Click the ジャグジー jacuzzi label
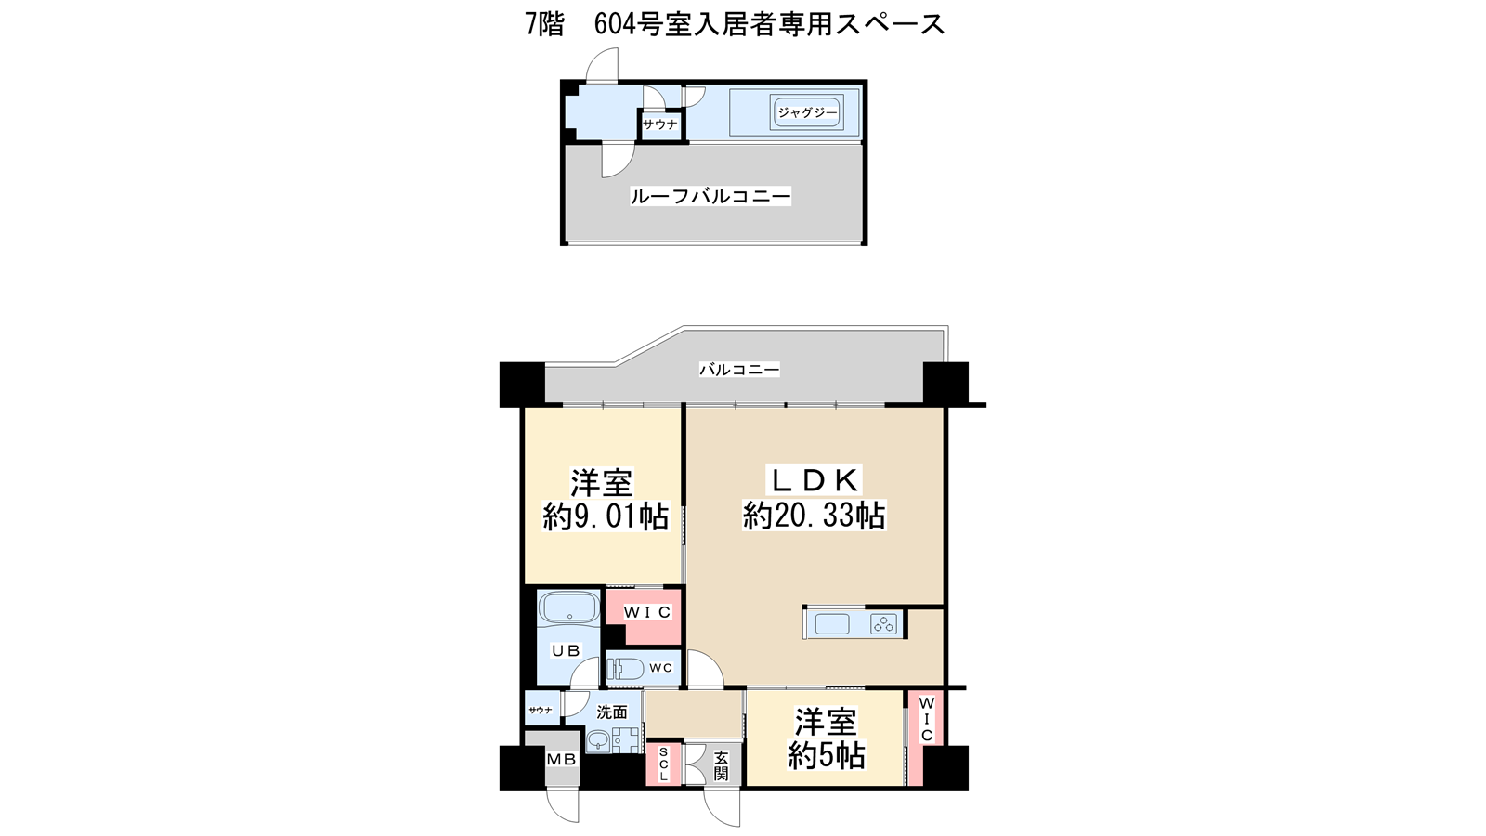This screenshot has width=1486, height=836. tap(807, 112)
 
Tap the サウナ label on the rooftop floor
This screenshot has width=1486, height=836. tap(660, 124)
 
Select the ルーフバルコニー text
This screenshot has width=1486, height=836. tap(710, 196)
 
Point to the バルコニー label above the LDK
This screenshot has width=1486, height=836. tap(739, 370)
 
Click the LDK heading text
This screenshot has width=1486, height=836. tap(815, 480)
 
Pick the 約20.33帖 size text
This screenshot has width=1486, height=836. tap(814, 516)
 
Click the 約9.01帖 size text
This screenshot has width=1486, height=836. tap(606, 516)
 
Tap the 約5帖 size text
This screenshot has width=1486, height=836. tap(826, 756)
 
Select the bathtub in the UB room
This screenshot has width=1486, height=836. tap(569, 607)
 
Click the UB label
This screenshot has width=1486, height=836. tap(566, 651)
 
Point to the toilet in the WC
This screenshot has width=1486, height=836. tap(624, 669)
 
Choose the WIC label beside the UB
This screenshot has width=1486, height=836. tap(646, 612)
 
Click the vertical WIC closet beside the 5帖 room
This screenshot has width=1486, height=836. tap(925, 738)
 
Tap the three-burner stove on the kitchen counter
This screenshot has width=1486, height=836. tap(883, 623)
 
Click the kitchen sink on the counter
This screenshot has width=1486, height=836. tap(832, 624)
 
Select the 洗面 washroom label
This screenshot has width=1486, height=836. tap(612, 712)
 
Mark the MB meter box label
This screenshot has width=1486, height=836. tap(561, 760)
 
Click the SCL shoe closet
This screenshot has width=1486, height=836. tap(663, 764)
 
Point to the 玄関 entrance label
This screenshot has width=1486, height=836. tap(721, 765)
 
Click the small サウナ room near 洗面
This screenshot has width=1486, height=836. tap(542, 710)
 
